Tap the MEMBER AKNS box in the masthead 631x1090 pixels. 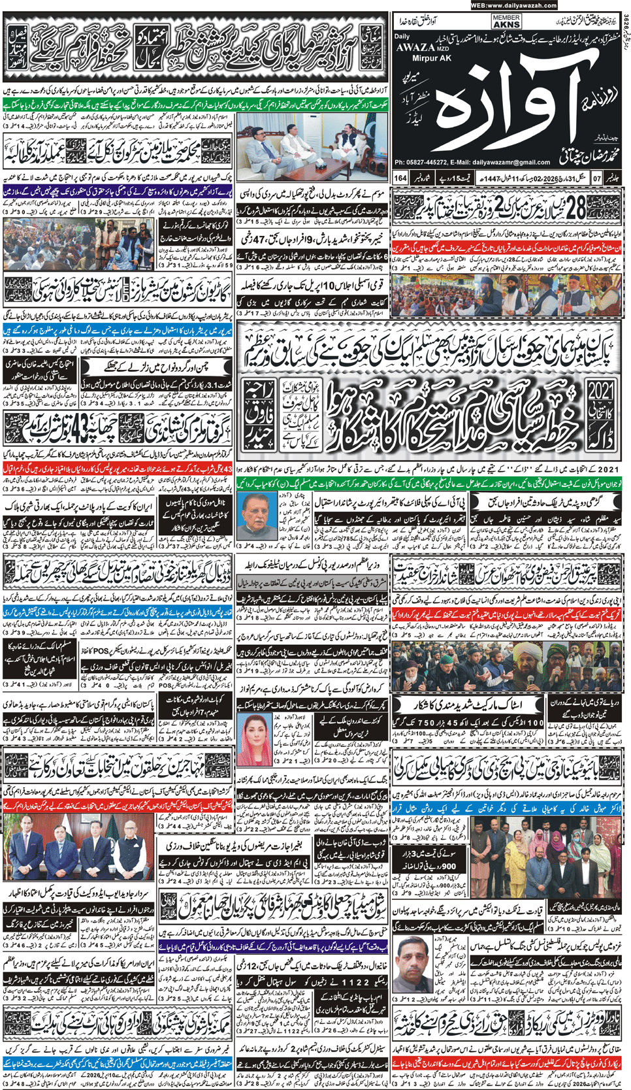tap(507, 22)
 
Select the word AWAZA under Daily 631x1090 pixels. tap(414, 47)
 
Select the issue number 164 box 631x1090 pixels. tap(400, 178)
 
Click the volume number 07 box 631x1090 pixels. tap(596, 178)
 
